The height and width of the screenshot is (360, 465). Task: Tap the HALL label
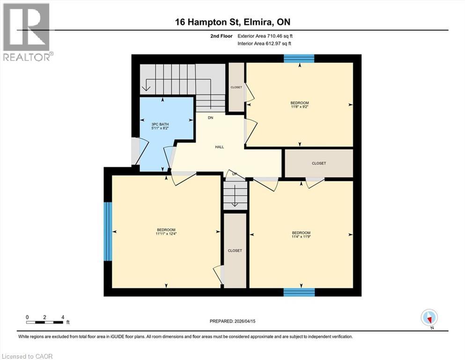219,147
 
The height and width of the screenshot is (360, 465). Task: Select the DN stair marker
211,118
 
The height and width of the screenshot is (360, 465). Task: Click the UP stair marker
235,174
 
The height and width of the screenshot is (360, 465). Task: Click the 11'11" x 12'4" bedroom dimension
166,233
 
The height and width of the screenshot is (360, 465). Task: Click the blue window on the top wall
299,58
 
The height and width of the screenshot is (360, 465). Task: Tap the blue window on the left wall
108,231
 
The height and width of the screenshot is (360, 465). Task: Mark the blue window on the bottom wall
299,292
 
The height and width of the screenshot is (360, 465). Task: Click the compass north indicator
429,318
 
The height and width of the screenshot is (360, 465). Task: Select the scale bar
45,322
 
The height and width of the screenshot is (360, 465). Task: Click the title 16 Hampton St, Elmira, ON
232,22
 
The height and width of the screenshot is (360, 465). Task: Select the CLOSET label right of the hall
318,163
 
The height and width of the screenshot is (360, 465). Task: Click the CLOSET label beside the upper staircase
236,87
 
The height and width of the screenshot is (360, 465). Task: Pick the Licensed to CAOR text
27,356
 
